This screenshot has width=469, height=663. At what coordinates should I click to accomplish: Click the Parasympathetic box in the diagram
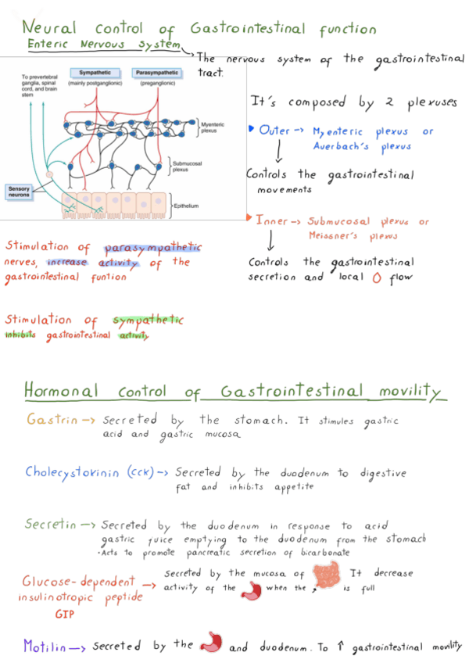coord(156,73)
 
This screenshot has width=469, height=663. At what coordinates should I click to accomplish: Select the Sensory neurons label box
coord(20,190)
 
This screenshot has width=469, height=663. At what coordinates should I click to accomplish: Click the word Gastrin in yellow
coord(52,420)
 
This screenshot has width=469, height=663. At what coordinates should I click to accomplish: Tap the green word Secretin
coord(51,525)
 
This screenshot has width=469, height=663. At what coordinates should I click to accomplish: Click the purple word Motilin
coord(44,646)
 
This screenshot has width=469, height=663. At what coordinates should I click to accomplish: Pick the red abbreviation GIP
coord(65,615)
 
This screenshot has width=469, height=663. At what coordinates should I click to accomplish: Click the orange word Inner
coord(272,221)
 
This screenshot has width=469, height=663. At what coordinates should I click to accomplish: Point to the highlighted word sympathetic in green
coord(148,320)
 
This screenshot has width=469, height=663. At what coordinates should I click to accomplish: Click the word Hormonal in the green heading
coord(62,390)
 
